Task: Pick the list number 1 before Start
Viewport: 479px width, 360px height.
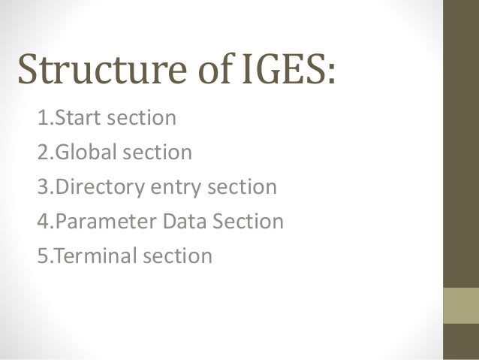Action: pyautogui.click(x=42, y=119)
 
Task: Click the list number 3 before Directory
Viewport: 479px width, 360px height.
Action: pyautogui.click(x=42, y=188)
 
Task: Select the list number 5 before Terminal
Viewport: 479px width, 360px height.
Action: pyautogui.click(x=42, y=256)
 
